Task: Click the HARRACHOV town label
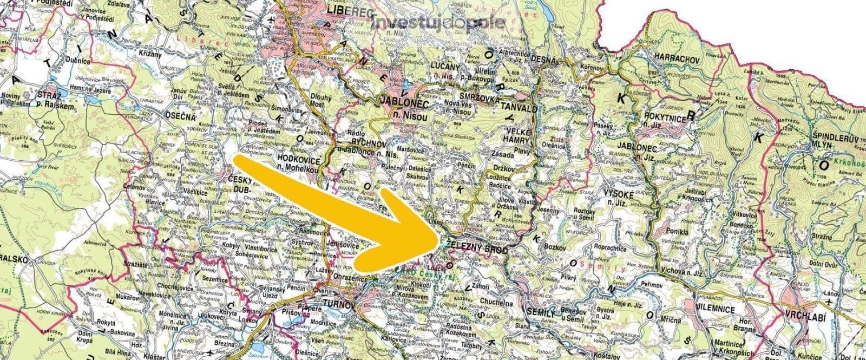(x=675, y=56)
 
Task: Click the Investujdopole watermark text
(x=439, y=23)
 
